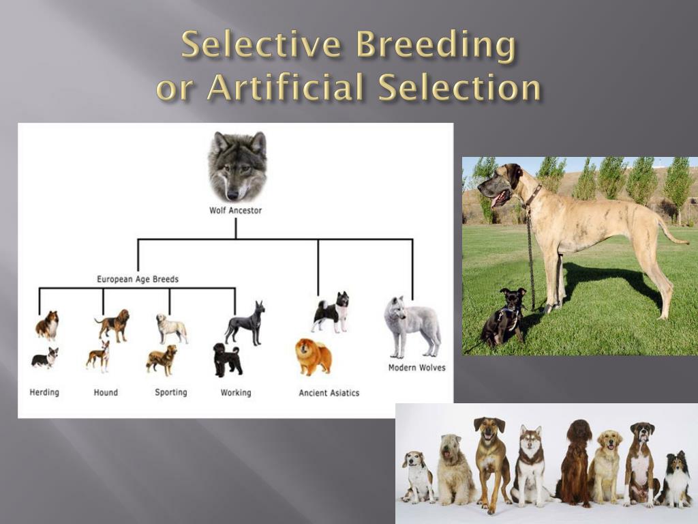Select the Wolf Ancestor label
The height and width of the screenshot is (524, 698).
point(235,211)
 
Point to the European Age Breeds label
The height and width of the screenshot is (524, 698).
point(138,279)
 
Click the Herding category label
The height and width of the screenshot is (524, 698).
point(44,392)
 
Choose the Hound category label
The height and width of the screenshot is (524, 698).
point(106,392)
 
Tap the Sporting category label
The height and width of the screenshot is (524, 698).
point(170,392)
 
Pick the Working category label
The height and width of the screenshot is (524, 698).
point(236,392)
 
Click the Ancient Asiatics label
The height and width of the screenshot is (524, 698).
point(329,393)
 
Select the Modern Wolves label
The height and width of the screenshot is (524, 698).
point(416,368)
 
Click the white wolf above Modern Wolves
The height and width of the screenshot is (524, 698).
point(411,325)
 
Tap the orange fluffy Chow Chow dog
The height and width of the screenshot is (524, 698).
point(313,356)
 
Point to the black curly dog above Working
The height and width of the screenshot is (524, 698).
point(227,360)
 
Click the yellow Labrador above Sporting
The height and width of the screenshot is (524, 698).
point(171,328)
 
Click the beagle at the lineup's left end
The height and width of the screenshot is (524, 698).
point(417,476)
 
